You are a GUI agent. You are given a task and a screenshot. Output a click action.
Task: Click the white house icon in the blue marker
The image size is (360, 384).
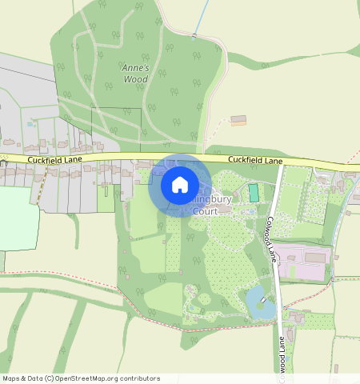[x=180, y=185]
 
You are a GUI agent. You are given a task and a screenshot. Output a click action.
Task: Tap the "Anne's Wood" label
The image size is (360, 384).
[x=135, y=74]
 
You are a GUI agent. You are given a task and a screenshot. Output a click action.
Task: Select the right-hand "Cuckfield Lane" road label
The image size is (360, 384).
[x=255, y=161]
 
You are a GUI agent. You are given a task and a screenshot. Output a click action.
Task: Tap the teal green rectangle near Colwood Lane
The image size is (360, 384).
[x=254, y=193]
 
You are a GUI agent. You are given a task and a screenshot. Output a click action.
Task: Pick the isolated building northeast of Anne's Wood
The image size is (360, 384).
[x=238, y=120]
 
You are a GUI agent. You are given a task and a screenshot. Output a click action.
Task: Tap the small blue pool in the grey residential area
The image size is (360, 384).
[x=30, y=124]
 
